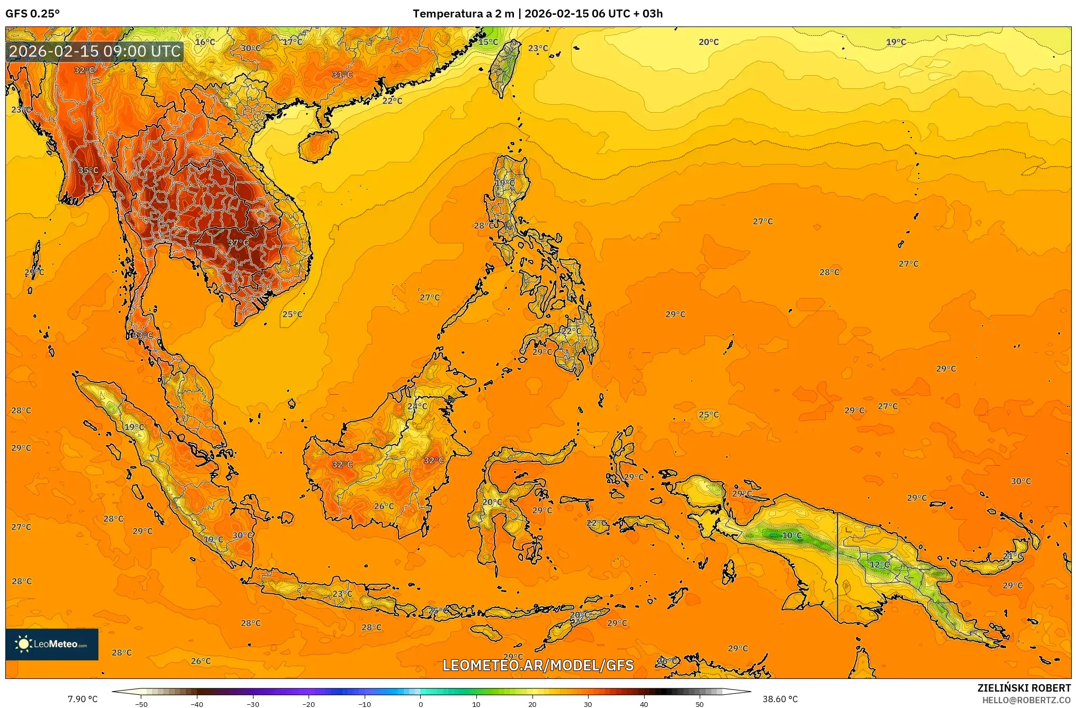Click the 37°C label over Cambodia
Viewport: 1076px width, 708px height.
pyautogui.click(x=238, y=243)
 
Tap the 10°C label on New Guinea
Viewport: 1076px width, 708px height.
pyautogui.click(x=792, y=535)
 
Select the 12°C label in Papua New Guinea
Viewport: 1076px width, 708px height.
pyautogui.click(x=880, y=565)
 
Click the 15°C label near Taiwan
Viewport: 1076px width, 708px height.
pyautogui.click(x=488, y=42)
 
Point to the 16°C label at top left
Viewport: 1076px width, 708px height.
pyautogui.click(x=205, y=42)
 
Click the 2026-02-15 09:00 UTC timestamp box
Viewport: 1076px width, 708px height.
pyautogui.click(x=95, y=51)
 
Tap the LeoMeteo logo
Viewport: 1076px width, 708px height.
pyautogui.click(x=52, y=644)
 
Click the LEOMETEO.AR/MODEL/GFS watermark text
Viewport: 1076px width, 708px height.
pyautogui.click(x=538, y=665)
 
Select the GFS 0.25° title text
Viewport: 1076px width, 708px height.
pyautogui.click(x=33, y=14)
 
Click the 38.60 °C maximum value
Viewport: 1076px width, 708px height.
pyautogui.click(x=780, y=699)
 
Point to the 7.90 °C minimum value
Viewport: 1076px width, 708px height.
pyautogui.click(x=83, y=699)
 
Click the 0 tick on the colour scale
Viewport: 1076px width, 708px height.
pyautogui.click(x=421, y=704)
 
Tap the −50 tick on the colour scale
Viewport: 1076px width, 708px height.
pyautogui.click(x=141, y=704)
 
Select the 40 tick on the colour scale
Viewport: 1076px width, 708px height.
pyautogui.click(x=644, y=704)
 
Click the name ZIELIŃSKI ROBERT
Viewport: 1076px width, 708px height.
pyautogui.click(x=1024, y=688)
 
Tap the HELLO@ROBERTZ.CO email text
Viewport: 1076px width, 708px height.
pyautogui.click(x=1026, y=700)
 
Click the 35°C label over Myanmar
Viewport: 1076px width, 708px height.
pyautogui.click(x=88, y=170)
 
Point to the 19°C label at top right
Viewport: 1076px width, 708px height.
pyautogui.click(x=896, y=42)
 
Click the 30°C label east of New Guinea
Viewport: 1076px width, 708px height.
pyautogui.click(x=1020, y=482)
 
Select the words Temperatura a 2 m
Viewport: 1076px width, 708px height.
pyautogui.click(x=463, y=14)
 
